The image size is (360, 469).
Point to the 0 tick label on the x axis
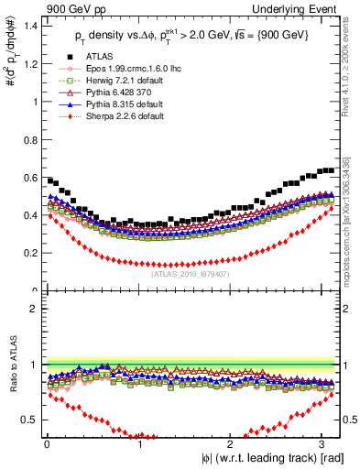coord(46,444)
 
